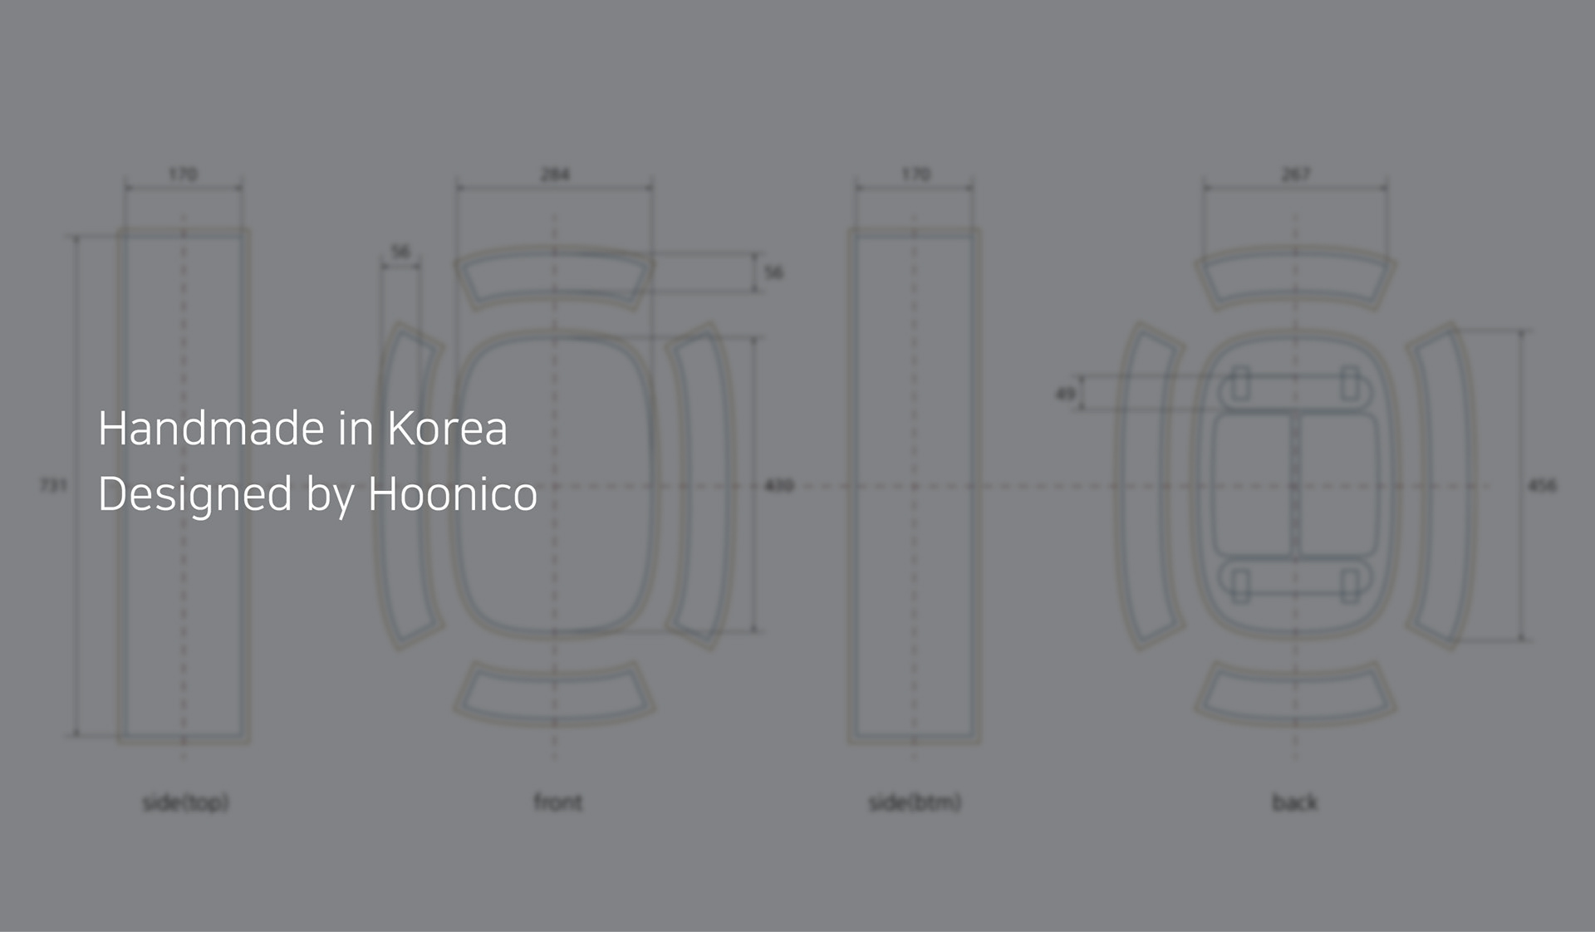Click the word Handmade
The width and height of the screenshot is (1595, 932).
click(x=210, y=429)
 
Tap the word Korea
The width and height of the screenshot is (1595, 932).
click(x=447, y=429)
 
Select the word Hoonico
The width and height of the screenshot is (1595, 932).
click(x=452, y=493)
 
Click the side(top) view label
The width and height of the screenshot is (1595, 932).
click(x=185, y=802)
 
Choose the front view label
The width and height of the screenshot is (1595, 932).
click(x=557, y=802)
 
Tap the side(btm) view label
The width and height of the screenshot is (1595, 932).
click(x=915, y=802)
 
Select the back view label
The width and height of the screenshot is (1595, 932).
click(x=1294, y=802)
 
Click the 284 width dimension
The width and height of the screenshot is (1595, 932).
click(x=555, y=174)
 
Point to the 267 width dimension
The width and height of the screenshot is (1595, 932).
click(x=1295, y=174)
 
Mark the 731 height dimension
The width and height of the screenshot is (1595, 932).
click(x=53, y=484)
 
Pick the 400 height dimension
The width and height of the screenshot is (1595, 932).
click(x=778, y=484)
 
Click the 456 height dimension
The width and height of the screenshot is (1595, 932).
click(x=1542, y=484)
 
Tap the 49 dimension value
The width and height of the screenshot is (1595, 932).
click(x=1064, y=393)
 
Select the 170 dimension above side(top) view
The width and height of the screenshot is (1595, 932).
click(x=183, y=174)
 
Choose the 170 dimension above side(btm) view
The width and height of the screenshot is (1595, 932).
click(x=915, y=174)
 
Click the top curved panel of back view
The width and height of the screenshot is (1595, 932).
click(x=1294, y=277)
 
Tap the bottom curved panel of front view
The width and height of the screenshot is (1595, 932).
click(x=554, y=692)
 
